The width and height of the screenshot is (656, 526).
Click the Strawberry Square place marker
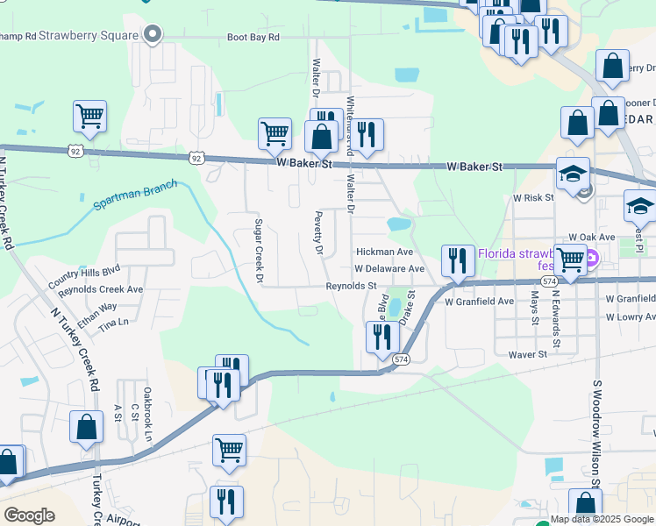(153, 35)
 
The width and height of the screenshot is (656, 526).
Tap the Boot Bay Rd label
(253, 38)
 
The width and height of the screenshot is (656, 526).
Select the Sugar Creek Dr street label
(259, 252)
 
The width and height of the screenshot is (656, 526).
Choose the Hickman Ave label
(384, 252)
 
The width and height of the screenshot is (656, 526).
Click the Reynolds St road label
(351, 286)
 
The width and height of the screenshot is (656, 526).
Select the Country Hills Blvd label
(83, 276)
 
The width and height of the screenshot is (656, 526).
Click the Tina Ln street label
(113, 323)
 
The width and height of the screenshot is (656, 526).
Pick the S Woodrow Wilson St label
(595, 434)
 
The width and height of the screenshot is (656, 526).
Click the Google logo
(29, 515)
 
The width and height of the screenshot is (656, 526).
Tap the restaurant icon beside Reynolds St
(457, 260)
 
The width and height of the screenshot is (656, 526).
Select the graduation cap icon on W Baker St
(573, 174)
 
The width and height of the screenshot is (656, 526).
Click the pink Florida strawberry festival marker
(591, 259)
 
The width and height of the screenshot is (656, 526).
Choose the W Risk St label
(533, 198)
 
